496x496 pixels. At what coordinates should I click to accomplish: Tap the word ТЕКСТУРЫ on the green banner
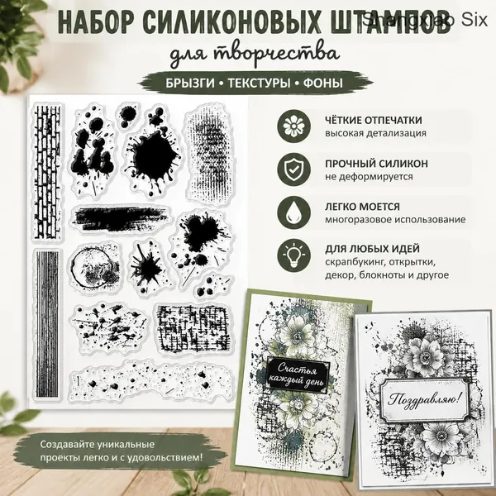(259, 83)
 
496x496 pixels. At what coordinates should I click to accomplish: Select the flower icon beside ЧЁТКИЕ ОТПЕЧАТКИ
(293, 126)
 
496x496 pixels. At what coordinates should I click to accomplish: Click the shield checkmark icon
(293, 169)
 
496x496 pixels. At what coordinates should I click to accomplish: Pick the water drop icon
(293, 212)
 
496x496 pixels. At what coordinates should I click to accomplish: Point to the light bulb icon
(293, 255)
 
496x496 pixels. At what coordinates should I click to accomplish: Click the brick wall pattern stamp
(47, 171)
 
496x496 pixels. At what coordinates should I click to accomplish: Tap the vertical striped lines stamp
(47, 323)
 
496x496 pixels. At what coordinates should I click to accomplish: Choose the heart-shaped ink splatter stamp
(202, 241)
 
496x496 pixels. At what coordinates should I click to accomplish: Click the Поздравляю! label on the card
(424, 399)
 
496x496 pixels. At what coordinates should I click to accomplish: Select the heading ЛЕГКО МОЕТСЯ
(362, 207)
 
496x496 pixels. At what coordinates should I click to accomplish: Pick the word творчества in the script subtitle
(276, 54)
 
